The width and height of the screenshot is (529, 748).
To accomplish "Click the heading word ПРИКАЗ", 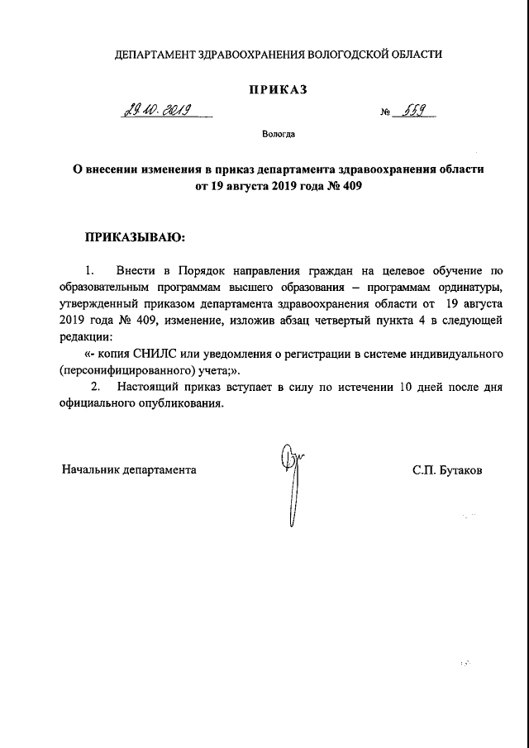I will pyautogui.click(x=278, y=90).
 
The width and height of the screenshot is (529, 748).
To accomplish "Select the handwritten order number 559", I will pyautogui.click(x=416, y=112).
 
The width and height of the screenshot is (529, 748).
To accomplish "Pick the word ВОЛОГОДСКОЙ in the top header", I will pyautogui.click(x=347, y=55).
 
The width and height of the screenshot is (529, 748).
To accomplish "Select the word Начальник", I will pyautogui.click(x=91, y=469).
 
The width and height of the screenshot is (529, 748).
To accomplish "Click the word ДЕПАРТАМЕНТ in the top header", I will pyautogui.click(x=155, y=55).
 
